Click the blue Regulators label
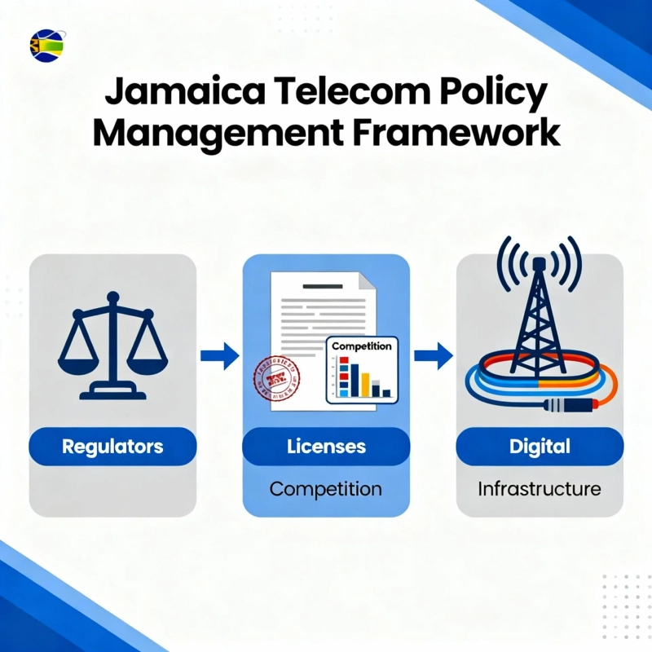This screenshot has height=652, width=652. coord(112,447)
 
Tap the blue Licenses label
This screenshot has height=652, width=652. coord(326,447)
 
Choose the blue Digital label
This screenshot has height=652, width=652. coord(540,447)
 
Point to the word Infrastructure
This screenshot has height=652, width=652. coord(540,489)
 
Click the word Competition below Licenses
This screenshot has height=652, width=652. coord(326,489)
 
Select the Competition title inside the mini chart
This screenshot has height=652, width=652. coord(362,346)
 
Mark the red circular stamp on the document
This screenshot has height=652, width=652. coord(275,376)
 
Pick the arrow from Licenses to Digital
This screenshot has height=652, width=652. coord(433,355)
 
